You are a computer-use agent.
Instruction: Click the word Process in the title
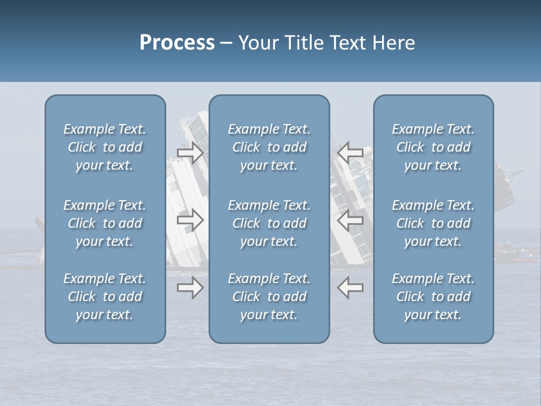click(x=177, y=43)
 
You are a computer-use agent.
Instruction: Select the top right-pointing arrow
click(x=190, y=152)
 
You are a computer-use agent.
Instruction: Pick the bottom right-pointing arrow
click(x=190, y=288)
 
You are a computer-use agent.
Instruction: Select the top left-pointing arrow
click(x=350, y=152)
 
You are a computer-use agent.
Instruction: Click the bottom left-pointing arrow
click(x=350, y=288)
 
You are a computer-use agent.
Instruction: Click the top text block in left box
click(x=105, y=147)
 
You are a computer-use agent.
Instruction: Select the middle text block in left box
click(x=105, y=223)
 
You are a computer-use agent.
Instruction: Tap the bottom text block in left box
click(x=105, y=297)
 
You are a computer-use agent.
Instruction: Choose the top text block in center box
click(x=269, y=147)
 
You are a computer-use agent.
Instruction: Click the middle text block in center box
click(x=269, y=223)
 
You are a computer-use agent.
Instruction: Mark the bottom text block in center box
click(x=269, y=297)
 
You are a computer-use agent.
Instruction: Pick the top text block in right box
click(x=433, y=147)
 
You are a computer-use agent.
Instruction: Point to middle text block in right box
click(x=433, y=223)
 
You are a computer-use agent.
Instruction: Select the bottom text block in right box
click(x=433, y=297)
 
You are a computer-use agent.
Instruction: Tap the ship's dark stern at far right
click(x=505, y=186)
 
